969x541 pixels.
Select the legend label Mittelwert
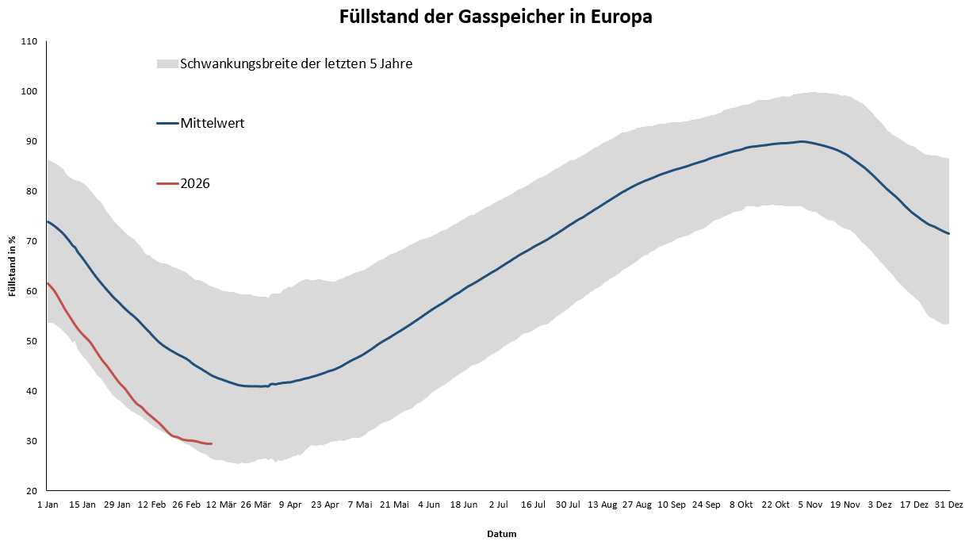click(212, 123)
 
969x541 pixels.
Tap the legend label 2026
click(195, 183)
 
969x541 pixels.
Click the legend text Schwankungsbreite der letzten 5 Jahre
click(296, 63)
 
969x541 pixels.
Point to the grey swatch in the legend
click(167, 63)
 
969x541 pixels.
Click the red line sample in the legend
click(167, 183)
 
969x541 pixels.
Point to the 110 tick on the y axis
click(30, 41)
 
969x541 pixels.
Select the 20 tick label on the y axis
click(33, 491)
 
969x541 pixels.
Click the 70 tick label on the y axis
click(33, 241)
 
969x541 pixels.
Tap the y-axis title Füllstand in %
click(13, 266)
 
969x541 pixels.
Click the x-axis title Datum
click(501, 534)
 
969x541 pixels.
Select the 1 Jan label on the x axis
click(47, 504)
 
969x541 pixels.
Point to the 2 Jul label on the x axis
click(498, 504)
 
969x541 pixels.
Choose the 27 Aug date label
click(638, 504)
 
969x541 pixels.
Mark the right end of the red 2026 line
click(212, 443)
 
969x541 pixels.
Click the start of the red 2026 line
click(48, 283)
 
